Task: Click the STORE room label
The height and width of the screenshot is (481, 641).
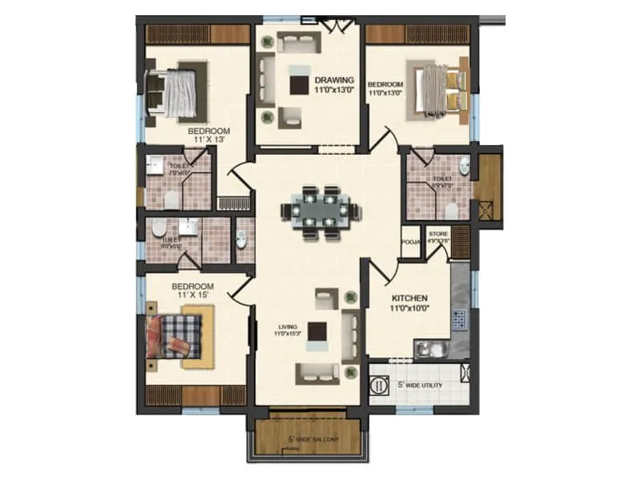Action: pos(437,235)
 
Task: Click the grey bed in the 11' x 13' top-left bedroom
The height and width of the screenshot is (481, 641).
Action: pos(178,89)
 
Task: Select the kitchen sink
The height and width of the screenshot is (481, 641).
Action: pos(430,347)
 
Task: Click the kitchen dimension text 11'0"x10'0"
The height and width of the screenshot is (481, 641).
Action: pos(409,307)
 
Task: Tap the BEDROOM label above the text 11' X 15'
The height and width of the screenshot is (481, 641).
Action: pos(192,286)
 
